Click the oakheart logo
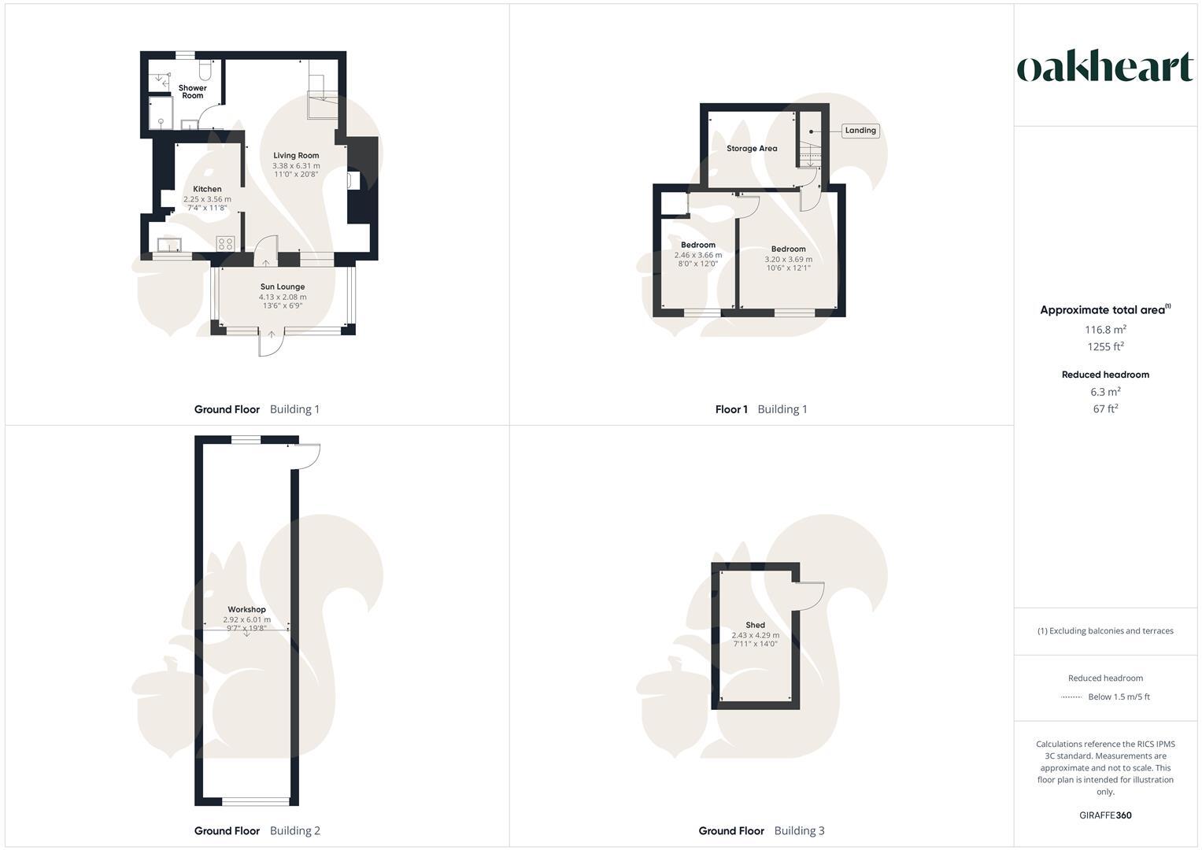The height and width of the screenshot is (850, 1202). (x=1105, y=67)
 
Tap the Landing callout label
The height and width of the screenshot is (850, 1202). (x=860, y=131)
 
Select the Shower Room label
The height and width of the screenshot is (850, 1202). (x=192, y=92)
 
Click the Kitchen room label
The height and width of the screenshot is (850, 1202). (x=207, y=189)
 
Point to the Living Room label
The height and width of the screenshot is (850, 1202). (x=296, y=156)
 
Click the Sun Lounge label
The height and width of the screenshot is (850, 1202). (x=283, y=287)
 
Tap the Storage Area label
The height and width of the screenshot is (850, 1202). (x=752, y=149)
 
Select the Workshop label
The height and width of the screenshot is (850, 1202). (x=246, y=609)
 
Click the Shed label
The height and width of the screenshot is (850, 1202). (x=755, y=625)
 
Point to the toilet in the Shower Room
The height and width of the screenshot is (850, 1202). (x=205, y=71)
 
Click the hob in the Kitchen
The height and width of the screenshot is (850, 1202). (x=225, y=243)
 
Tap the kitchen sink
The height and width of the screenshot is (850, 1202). (x=169, y=244)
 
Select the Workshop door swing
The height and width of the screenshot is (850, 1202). (x=306, y=456)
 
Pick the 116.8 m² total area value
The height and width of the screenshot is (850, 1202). (x=1105, y=330)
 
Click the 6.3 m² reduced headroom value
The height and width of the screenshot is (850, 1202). (x=1105, y=392)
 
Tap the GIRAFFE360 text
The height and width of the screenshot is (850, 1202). (x=1105, y=815)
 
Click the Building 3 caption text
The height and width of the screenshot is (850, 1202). (x=799, y=830)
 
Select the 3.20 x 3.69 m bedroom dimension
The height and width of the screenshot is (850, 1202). (x=788, y=259)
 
